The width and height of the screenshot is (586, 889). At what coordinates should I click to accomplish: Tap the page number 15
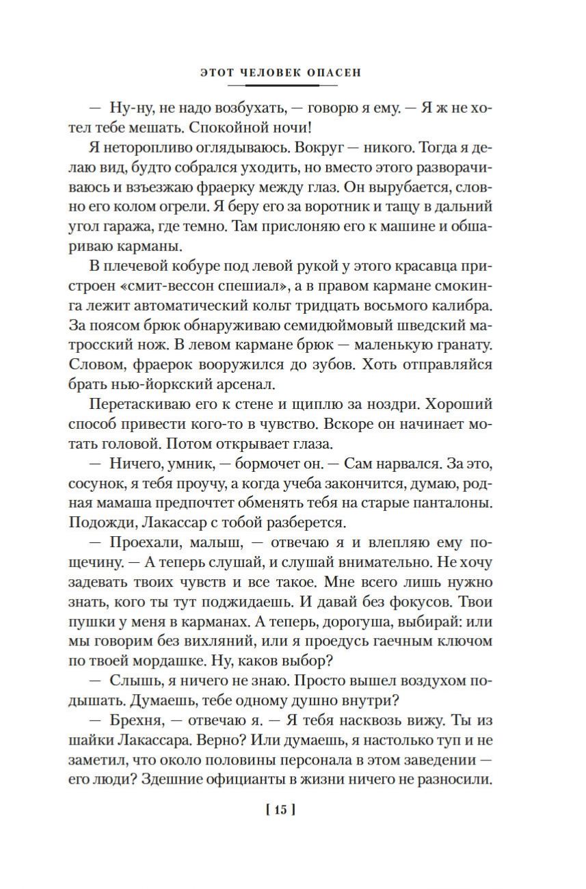(x=280, y=812)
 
